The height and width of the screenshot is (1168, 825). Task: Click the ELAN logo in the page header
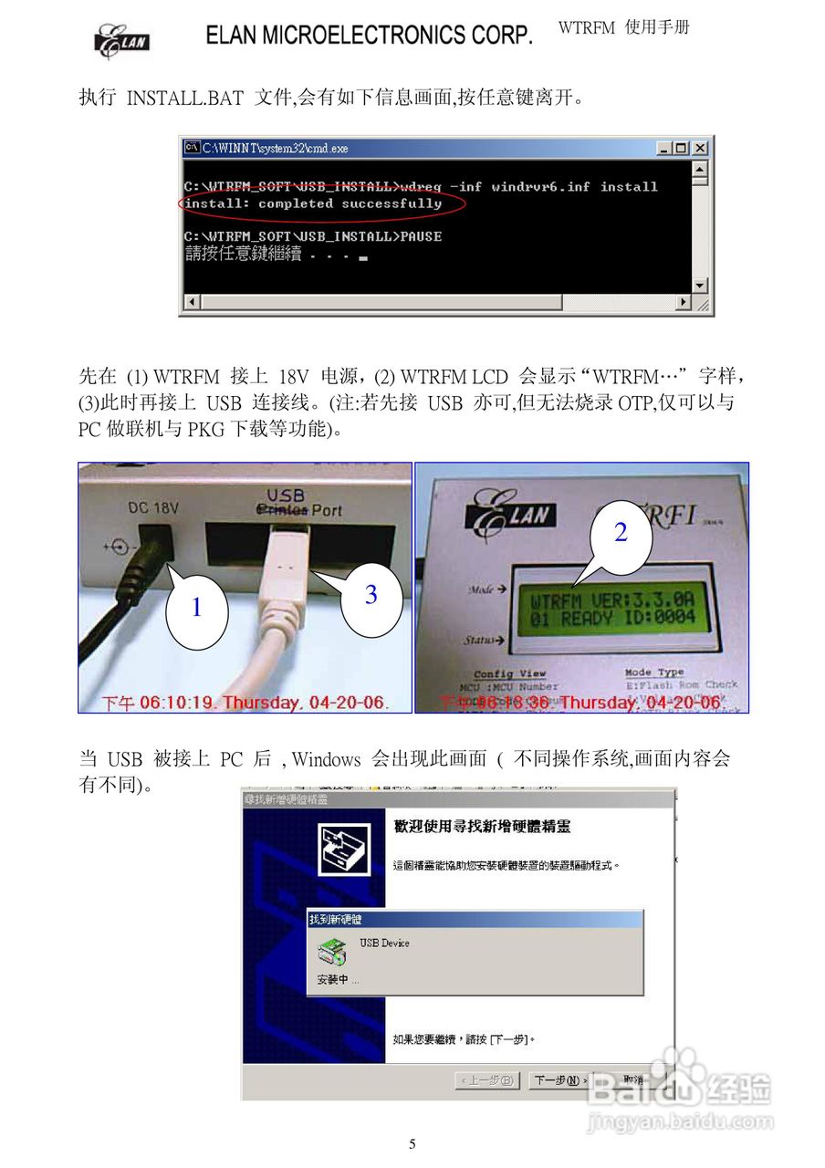[x=121, y=41]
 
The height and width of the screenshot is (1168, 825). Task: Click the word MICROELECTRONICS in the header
[x=366, y=36]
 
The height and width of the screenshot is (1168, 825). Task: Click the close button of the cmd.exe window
[x=700, y=148]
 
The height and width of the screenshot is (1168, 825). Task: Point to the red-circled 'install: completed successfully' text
[x=312, y=203]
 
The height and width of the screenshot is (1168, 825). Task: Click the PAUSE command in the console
[x=422, y=236]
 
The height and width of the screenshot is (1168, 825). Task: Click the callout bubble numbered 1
[x=196, y=608]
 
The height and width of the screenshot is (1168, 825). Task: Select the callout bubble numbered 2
[x=621, y=533]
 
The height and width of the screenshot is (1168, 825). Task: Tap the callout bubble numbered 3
[x=371, y=595]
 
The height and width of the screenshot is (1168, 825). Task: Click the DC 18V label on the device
[x=150, y=507]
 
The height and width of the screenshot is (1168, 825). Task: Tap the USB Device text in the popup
[x=384, y=943]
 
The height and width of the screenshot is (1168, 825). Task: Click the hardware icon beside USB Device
[x=331, y=953]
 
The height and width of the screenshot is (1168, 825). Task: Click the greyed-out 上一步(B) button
[x=487, y=1080]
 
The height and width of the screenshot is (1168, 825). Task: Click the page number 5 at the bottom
[x=412, y=1144]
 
